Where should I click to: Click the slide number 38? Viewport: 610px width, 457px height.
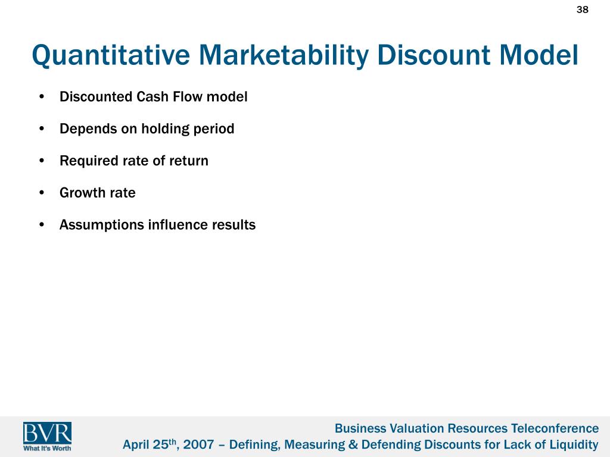coord(582,10)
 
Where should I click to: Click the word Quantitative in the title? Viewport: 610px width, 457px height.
coord(111,55)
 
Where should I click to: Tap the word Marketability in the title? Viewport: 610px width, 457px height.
coord(283,55)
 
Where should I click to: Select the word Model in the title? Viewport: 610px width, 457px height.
coord(539,55)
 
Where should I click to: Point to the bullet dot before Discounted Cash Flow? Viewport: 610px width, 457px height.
coord(42,96)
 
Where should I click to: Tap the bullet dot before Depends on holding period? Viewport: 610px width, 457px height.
coord(42,129)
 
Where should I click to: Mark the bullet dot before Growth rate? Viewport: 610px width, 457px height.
coord(42,193)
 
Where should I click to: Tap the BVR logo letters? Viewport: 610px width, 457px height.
coord(47,433)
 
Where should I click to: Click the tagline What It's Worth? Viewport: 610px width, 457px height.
coord(47,448)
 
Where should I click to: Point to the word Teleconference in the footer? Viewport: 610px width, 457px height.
coord(555,428)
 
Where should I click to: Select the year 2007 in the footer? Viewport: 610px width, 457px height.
coord(198,444)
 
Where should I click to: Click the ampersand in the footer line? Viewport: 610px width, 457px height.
coord(353,445)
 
